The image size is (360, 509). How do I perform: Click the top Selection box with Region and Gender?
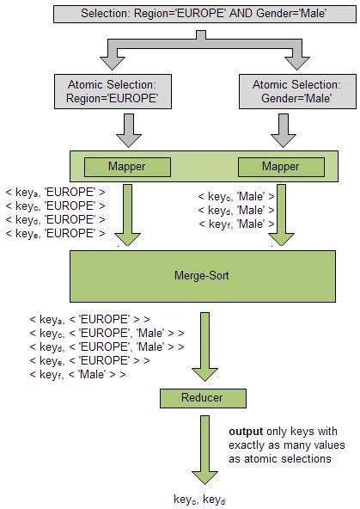click(204, 15)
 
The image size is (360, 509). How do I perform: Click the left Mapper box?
click(126, 166)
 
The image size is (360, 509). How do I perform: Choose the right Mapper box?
click(281, 166)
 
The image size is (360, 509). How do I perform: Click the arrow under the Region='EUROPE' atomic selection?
click(127, 129)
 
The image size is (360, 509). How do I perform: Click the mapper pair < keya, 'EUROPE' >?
click(56, 193)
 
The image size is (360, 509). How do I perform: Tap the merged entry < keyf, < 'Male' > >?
click(77, 374)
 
